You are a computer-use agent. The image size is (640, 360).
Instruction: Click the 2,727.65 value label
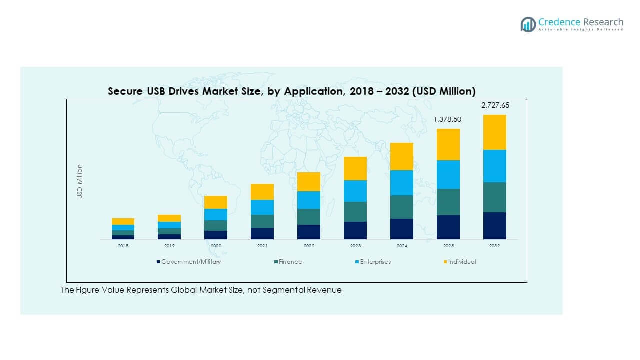click(x=495, y=105)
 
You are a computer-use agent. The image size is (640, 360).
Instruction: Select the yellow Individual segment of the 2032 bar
click(x=495, y=132)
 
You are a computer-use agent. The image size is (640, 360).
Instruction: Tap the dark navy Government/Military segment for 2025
click(x=448, y=227)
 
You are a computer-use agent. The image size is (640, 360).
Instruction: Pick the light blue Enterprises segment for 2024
click(x=402, y=183)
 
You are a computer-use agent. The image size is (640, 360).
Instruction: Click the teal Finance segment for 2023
click(x=355, y=212)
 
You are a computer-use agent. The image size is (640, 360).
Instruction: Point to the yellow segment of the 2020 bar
click(x=216, y=202)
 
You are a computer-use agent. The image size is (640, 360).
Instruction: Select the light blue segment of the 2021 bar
click(x=262, y=207)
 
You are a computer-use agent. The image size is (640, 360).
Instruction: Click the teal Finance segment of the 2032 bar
click(x=495, y=197)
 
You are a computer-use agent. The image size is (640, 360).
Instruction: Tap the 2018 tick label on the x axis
click(x=123, y=246)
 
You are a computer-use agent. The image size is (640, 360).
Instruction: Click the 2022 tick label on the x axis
click(x=309, y=246)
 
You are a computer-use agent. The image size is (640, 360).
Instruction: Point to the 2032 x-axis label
click(x=495, y=246)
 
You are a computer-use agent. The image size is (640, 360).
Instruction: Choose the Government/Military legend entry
click(x=190, y=262)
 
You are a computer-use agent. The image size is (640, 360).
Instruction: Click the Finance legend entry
click(x=290, y=262)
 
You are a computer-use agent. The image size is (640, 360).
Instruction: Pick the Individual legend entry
click(x=461, y=262)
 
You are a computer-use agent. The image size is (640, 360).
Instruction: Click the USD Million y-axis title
click(x=80, y=182)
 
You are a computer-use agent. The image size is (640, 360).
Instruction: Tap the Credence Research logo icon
click(x=528, y=24)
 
